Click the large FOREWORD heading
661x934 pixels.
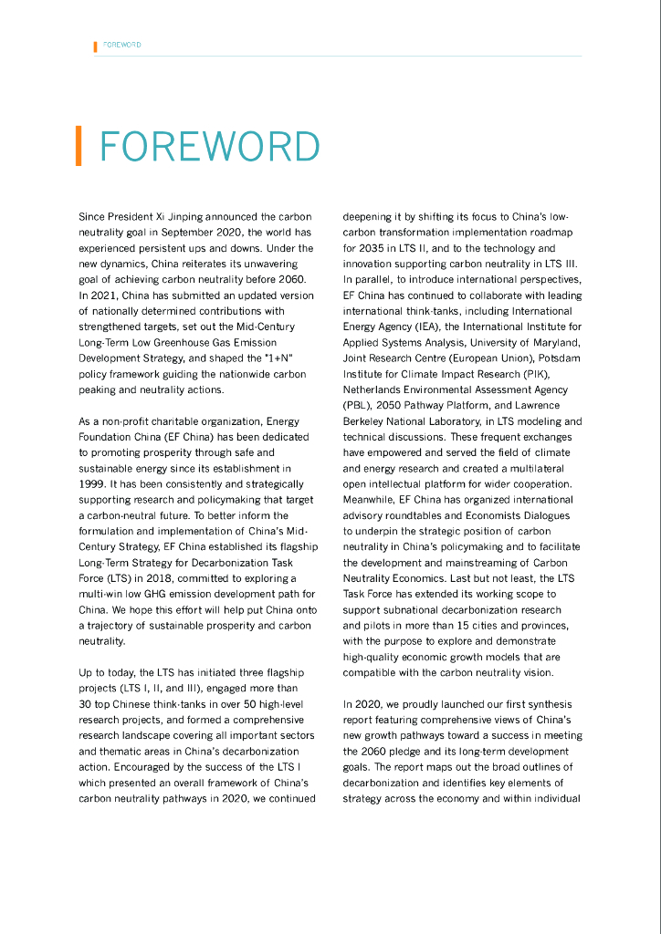click(209, 146)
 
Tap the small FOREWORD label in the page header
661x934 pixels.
click(122, 45)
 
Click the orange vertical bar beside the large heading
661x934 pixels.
click(79, 146)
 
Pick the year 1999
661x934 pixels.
click(93, 483)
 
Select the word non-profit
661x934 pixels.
click(121, 421)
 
